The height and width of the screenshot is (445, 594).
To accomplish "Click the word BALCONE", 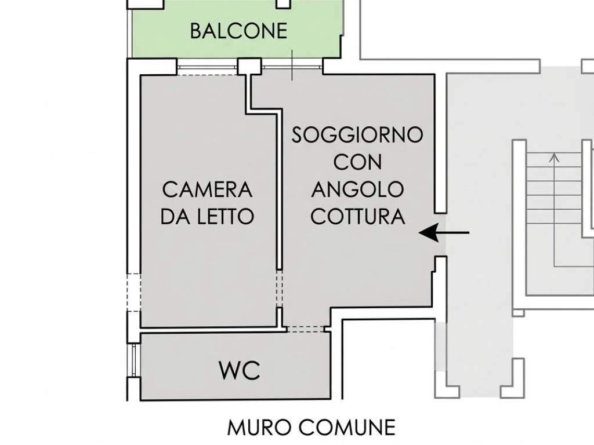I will pyautogui.click(x=238, y=31).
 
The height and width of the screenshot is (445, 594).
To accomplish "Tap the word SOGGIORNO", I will pyautogui.click(x=357, y=135).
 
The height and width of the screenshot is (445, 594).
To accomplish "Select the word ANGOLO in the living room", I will pyautogui.click(x=357, y=189).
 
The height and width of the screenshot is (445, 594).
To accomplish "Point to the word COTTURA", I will pyautogui.click(x=357, y=217).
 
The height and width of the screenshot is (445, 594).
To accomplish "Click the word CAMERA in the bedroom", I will pyautogui.click(x=207, y=189).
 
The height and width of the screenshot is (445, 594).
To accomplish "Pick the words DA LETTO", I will pyautogui.click(x=207, y=217).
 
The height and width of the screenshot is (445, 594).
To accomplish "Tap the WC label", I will pyautogui.click(x=239, y=371).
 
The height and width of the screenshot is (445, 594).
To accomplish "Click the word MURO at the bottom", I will pyautogui.click(x=259, y=428).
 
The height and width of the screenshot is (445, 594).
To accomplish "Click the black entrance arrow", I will pyautogui.click(x=444, y=233).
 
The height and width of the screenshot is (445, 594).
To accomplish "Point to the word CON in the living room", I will pyautogui.click(x=357, y=162).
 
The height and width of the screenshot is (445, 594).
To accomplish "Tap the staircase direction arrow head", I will pyautogui.click(x=555, y=156).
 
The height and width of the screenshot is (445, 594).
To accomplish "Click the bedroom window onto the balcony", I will pyautogui.click(x=207, y=67).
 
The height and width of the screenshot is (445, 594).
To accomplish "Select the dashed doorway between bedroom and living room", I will pyautogui.click(x=279, y=288).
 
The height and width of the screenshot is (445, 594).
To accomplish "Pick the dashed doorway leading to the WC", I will pyautogui.click(x=306, y=329).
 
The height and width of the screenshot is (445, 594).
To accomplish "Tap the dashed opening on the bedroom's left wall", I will pyautogui.click(x=134, y=292).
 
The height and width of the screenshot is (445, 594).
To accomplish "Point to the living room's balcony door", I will pyautogui.click(x=292, y=67).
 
